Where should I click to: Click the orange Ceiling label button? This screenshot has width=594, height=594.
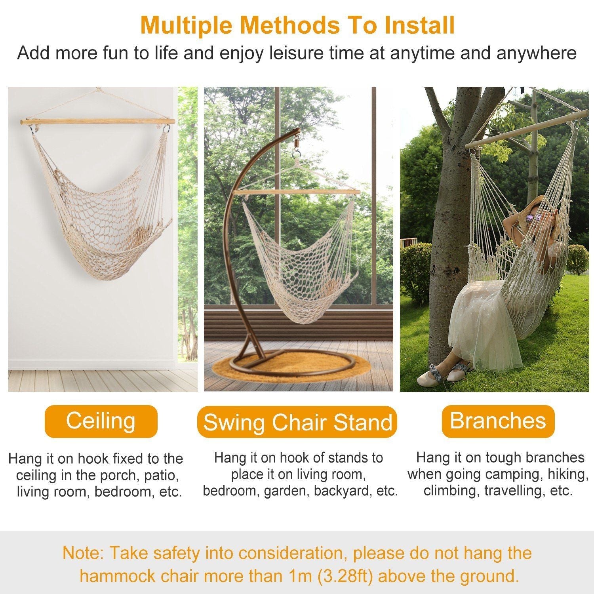tap(101, 421)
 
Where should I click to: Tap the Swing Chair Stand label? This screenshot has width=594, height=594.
tap(297, 422)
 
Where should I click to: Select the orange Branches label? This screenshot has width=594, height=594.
tap(498, 421)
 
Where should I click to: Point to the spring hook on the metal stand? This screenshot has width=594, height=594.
tap(296, 145)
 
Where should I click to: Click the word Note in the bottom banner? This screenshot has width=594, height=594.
tap(82, 553)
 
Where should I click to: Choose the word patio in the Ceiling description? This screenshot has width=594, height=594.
tap(159, 475)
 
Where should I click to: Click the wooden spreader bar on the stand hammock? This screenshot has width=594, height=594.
tap(297, 192)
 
